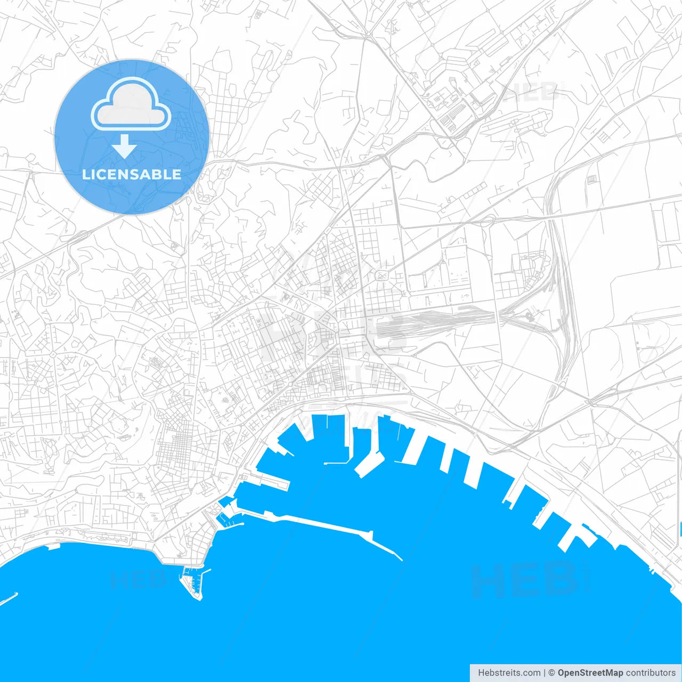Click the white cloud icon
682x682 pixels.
coord(131,106)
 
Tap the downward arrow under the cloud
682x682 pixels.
coord(125,147)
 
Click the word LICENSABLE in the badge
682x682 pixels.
coord(132,174)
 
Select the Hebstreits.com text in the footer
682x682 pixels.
coord(509,673)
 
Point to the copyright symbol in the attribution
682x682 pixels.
coord(552,673)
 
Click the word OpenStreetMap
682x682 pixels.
coord(590,673)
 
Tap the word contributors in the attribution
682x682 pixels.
coord(650,673)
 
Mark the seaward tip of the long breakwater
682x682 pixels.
coord(401,559)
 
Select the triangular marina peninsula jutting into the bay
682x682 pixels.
coord(193,583)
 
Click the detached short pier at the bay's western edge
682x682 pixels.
coord(9,598)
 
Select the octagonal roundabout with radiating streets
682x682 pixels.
coord(53,354)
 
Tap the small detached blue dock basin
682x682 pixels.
coord(226,501)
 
